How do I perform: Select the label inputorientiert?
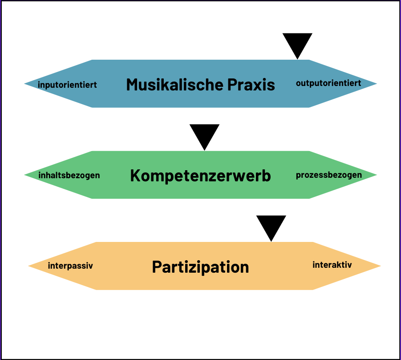tap(67, 84)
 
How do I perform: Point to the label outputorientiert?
tap(328, 83)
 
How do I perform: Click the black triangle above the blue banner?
tap(297, 44)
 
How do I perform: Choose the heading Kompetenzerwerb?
tap(200, 176)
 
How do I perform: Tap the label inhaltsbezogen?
tap(69, 175)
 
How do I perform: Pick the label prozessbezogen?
tap(329, 175)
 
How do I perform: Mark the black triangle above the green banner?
tap(204, 135)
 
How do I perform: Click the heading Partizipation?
tap(200, 267)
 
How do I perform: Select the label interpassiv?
tap(70, 266)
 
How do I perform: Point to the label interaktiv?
tap(332, 265)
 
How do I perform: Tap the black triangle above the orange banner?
tap(271, 226)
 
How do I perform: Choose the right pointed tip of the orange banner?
tap(378, 266)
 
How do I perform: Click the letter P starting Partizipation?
tap(157, 267)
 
